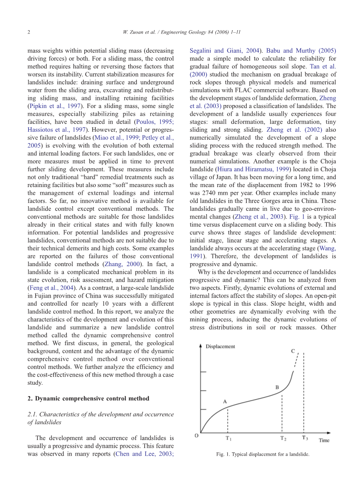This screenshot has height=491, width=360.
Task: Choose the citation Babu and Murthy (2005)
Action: point(301,51)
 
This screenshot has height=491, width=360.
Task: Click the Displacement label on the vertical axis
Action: point(220,346)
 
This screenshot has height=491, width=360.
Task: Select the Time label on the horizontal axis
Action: point(324,440)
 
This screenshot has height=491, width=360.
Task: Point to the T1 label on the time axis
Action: point(229,438)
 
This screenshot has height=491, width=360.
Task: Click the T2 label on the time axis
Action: point(283,438)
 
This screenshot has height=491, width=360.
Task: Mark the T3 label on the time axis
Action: point(305,438)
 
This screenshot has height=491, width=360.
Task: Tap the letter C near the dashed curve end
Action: point(293,351)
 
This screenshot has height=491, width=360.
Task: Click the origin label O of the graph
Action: point(196,435)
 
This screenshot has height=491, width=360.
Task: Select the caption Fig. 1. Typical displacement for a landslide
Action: point(263,454)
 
